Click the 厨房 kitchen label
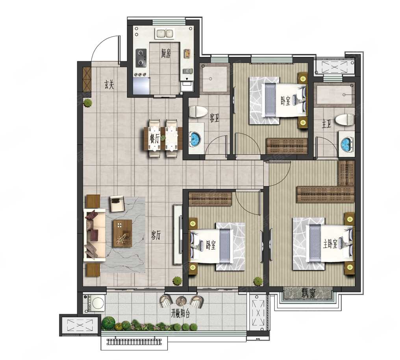(x=166, y=53)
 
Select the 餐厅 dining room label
(x=155, y=139)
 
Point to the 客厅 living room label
(x=156, y=235)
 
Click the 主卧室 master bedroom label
(x=330, y=244)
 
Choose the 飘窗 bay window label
(x=308, y=293)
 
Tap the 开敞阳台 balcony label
(x=181, y=314)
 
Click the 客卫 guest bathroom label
(x=214, y=118)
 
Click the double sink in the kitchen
(x=165, y=33)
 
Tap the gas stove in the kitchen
(x=141, y=58)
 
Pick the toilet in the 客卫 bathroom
(x=198, y=112)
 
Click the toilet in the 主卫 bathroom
(x=345, y=120)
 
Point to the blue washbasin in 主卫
(x=346, y=144)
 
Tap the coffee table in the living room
(x=122, y=234)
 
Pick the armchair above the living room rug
(x=117, y=203)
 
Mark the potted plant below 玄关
(x=88, y=103)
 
